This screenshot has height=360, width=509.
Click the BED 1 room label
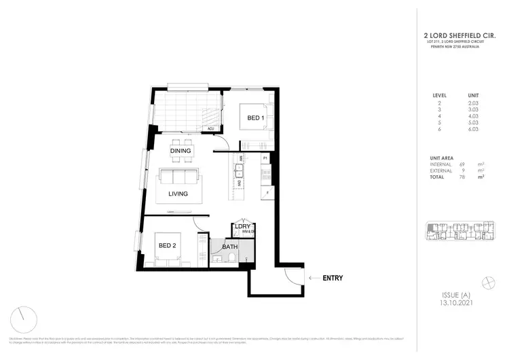255,118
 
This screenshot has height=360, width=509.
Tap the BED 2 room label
168,245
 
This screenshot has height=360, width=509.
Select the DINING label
180,151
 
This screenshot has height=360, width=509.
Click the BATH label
229,247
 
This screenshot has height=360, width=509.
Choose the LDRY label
244,227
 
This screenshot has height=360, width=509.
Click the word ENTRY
333,278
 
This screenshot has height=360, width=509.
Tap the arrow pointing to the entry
313,278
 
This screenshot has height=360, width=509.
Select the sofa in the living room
178,177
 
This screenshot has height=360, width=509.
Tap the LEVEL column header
439,95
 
